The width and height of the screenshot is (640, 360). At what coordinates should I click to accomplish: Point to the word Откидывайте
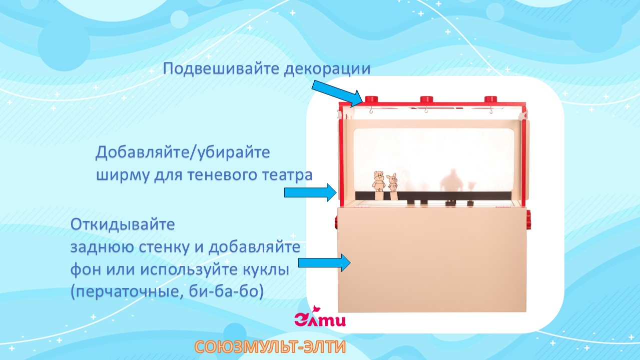[123, 224]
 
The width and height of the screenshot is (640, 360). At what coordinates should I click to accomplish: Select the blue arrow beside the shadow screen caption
[310, 192]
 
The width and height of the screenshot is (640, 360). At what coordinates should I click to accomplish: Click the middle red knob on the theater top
[427, 100]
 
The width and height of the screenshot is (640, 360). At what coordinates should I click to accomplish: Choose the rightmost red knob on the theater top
[491, 100]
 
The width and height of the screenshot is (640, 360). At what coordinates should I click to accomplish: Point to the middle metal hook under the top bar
[426, 110]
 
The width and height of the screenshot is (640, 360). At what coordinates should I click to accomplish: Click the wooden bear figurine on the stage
[378, 182]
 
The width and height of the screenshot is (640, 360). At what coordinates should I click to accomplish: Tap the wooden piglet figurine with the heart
[393, 183]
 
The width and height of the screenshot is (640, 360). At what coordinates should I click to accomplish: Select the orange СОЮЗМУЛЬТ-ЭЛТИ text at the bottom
[270, 347]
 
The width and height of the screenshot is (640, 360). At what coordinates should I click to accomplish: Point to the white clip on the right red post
[524, 116]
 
